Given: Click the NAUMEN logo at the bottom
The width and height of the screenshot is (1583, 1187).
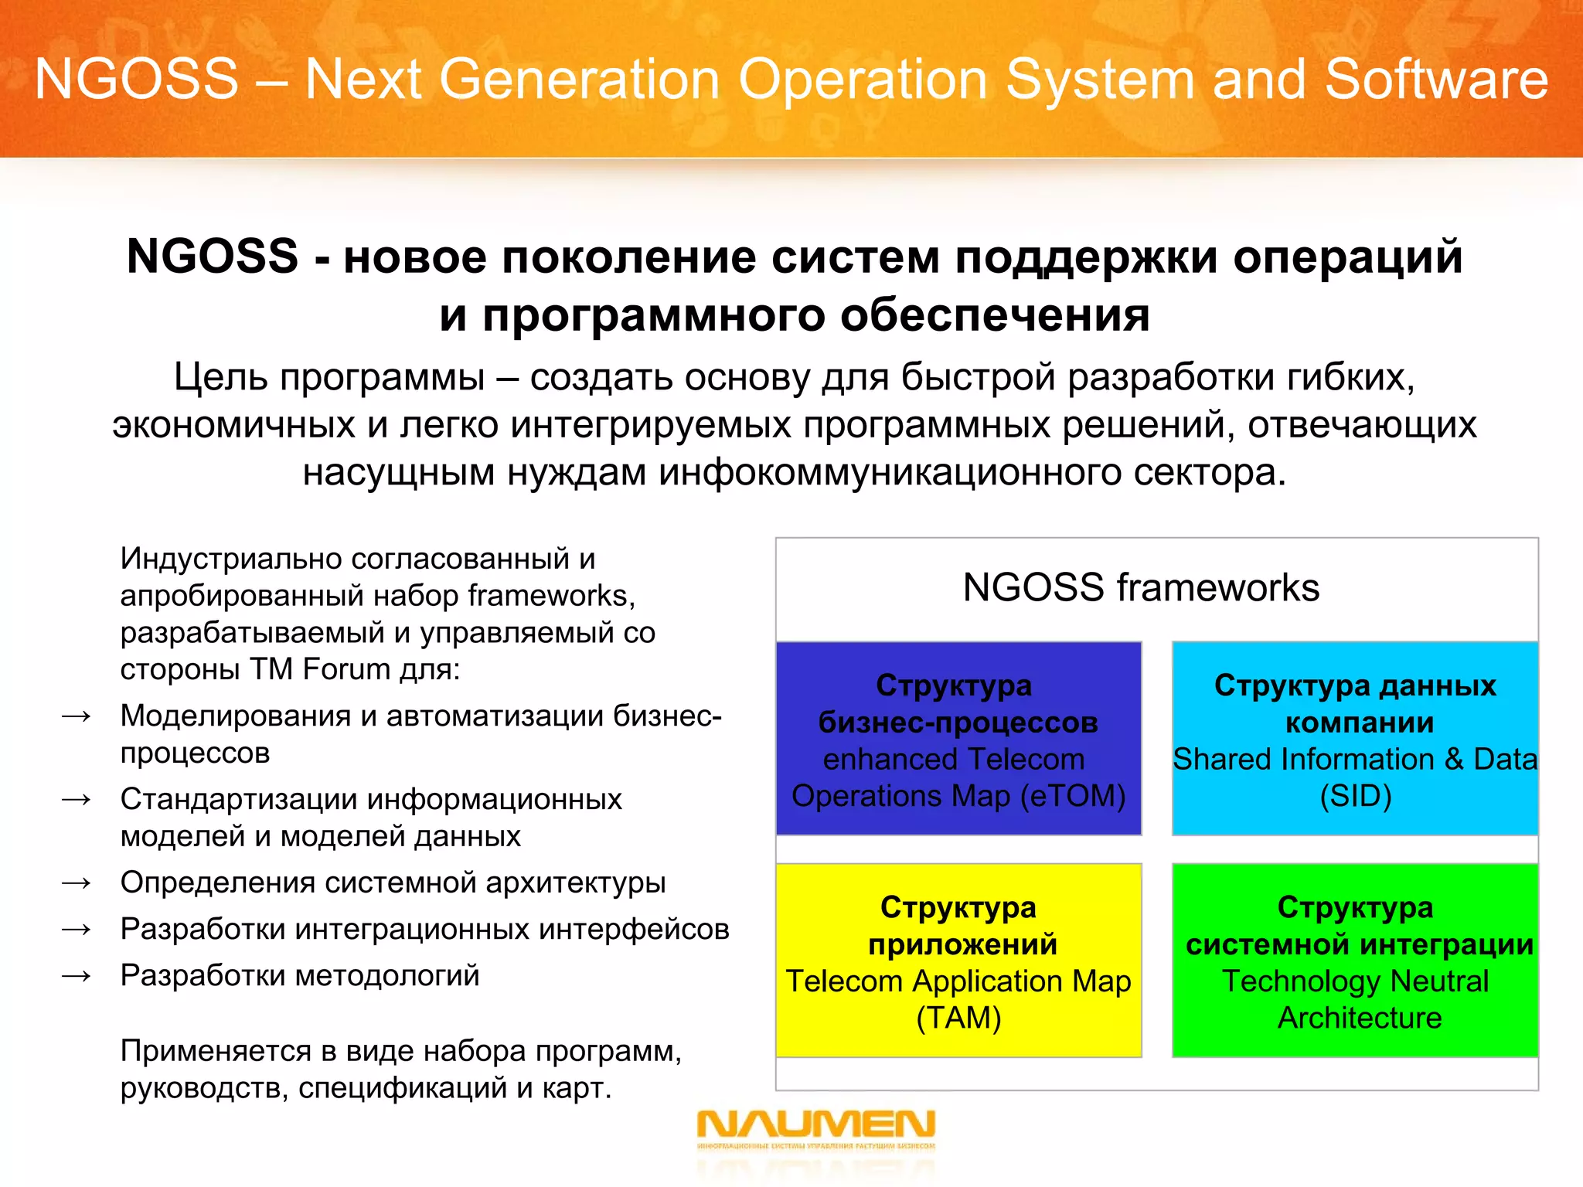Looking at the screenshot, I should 815,1128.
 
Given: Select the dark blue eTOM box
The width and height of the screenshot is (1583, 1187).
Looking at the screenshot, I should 958,738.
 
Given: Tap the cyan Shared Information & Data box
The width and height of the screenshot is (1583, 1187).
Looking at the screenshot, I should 1355,738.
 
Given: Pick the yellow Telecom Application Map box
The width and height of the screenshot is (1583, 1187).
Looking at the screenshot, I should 958,961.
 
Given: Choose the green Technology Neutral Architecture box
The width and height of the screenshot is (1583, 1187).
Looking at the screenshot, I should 1355,961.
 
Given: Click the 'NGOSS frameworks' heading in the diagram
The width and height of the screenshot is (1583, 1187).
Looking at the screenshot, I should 1141,587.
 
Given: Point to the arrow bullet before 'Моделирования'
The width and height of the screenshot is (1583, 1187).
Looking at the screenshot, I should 77,716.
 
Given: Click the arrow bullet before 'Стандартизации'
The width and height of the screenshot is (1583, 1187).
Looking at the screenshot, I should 77,799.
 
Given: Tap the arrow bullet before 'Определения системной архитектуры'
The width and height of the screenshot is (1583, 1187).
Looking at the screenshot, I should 77,883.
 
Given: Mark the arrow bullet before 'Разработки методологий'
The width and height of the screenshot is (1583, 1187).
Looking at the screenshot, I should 77,976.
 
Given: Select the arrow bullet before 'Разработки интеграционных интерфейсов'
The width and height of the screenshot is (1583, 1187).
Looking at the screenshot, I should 77,929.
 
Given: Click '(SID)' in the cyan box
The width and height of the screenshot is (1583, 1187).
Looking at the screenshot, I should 1355,796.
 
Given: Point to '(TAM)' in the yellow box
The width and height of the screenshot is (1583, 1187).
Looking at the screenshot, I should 958,1018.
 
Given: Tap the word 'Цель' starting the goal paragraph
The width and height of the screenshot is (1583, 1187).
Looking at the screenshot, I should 220,377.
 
